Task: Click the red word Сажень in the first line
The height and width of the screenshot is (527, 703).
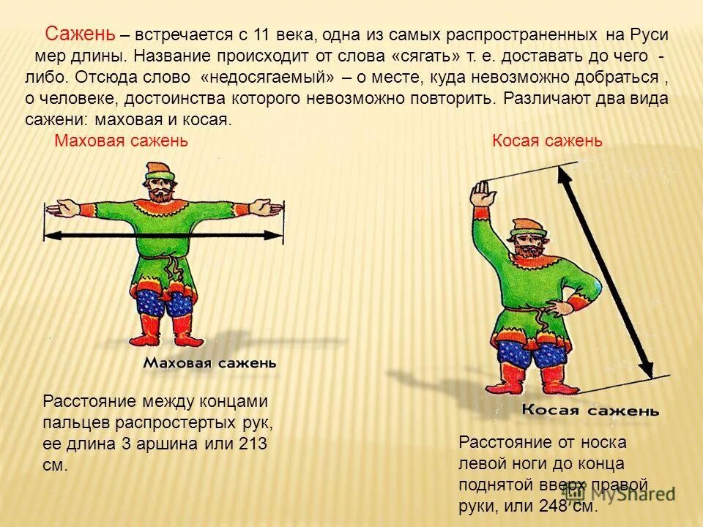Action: (80, 34)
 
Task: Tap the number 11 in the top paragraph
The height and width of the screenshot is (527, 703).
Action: (261, 34)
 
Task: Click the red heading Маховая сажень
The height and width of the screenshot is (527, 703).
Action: (122, 141)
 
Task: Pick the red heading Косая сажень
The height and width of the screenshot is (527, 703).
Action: (547, 141)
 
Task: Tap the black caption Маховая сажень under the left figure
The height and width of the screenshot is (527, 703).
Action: (209, 362)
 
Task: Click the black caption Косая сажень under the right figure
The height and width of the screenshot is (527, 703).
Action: (590, 411)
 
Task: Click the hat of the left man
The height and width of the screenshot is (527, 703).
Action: (156, 172)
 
